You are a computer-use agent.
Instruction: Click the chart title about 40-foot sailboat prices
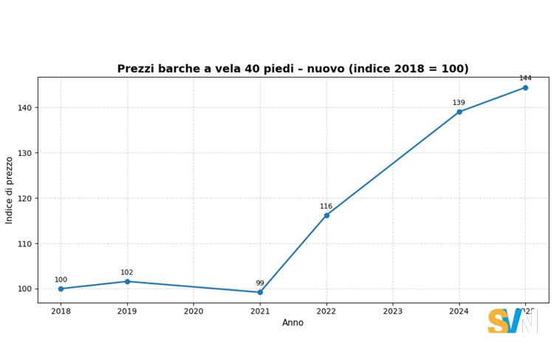293,69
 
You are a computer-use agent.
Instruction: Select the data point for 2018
61,288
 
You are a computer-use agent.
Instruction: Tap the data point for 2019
127,282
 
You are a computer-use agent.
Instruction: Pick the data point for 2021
260,292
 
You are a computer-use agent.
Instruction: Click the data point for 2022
326,215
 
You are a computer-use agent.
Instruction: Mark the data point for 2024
459,112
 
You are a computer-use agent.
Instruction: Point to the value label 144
525,78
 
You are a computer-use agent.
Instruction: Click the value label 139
459,103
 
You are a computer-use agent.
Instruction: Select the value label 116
326,206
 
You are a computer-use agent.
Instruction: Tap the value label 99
260,283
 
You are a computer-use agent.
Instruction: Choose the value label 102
127,272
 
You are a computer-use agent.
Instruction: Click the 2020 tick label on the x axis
194,311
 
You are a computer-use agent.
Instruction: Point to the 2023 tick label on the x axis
393,311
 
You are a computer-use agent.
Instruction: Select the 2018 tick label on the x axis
61,311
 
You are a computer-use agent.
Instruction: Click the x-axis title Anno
293,323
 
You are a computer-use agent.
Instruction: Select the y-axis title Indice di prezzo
10,190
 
